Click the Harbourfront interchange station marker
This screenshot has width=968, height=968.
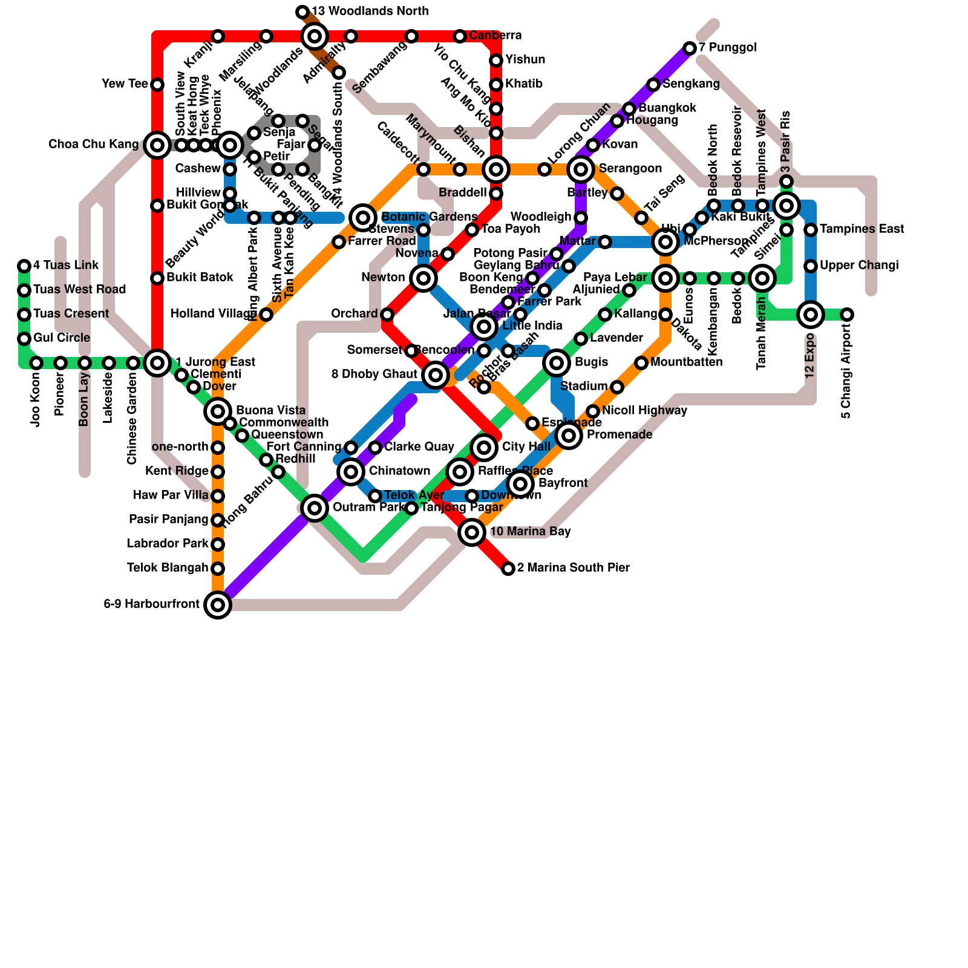pos(218,604)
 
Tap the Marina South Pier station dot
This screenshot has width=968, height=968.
pos(508,568)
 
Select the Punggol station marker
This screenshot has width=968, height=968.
pos(690,48)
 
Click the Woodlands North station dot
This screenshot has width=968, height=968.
pos(302,11)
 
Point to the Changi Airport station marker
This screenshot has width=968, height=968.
pos(847,314)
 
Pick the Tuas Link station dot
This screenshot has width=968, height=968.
pos(24,266)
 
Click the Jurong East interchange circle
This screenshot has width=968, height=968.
pos(157,362)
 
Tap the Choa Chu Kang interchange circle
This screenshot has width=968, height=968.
pos(157,145)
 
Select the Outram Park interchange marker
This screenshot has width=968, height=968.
pos(315,508)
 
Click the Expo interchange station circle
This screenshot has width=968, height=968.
pos(811,314)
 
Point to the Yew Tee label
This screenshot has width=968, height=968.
pos(125,84)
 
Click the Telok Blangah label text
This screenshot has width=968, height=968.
pos(168,568)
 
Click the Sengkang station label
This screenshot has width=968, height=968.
pos(691,84)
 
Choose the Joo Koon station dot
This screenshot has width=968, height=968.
pos(36,362)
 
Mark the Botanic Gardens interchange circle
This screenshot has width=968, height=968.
pos(363,217)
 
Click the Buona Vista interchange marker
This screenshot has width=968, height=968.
pos(218,411)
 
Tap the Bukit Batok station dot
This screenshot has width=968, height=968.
pos(157,278)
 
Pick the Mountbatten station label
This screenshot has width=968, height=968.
pos(686,362)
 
